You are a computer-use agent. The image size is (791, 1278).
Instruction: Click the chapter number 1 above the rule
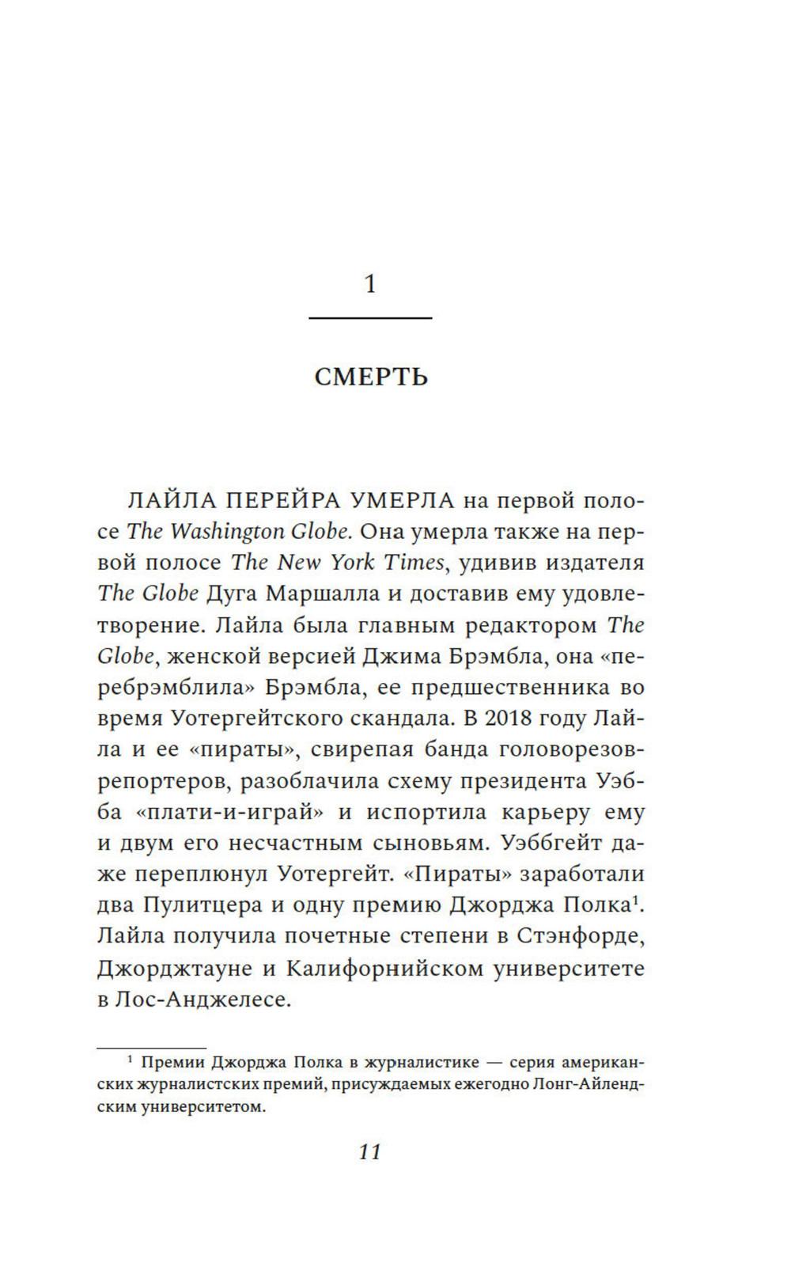coord(370,283)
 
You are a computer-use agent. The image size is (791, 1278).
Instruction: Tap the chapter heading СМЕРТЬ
coord(371,377)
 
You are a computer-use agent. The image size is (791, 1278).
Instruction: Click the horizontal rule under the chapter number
coord(370,318)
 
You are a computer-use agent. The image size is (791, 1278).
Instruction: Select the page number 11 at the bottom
coord(370,1151)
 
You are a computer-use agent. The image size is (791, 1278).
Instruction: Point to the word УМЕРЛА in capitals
coord(402,501)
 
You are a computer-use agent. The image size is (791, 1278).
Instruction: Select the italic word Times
coord(413,563)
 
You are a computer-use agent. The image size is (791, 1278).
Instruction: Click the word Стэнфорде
coord(581,936)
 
